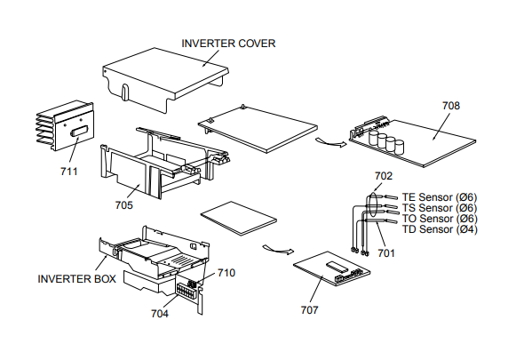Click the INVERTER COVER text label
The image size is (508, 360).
228,44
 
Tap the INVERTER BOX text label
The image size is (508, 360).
76,279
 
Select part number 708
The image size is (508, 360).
451,106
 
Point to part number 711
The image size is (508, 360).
69,172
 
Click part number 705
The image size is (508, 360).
124,205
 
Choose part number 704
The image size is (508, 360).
160,314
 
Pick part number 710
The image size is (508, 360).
226,273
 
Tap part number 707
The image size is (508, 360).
309,310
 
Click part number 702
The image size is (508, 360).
384,176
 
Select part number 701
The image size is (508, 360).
386,253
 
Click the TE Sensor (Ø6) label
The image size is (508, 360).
440,197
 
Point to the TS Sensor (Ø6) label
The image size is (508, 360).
440,208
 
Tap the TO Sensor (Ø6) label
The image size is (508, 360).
440,219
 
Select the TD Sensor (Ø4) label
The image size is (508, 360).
440,229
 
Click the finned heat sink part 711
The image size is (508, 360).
65,125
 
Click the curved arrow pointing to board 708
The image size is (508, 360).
330,142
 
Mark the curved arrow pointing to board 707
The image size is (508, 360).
278,249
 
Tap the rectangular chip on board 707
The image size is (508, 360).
337,266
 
